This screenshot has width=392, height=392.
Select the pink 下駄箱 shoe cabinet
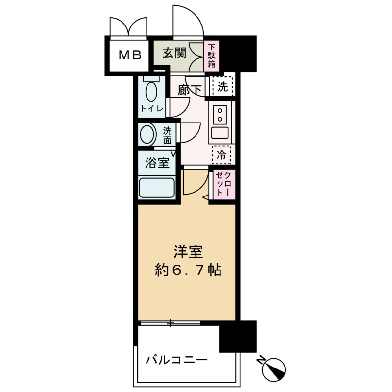click(211, 55)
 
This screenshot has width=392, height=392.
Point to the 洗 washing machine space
click(222, 87)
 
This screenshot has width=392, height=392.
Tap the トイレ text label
click(152, 109)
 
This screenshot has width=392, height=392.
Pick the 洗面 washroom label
click(167, 135)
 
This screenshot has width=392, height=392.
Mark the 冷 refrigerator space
click(221, 156)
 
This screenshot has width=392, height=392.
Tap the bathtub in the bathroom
click(157, 187)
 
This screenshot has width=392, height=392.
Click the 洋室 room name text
click(187, 251)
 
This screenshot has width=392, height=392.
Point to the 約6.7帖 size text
click(187, 270)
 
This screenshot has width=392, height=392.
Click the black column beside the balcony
click(238, 337)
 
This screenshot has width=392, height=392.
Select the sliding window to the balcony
click(170, 323)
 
